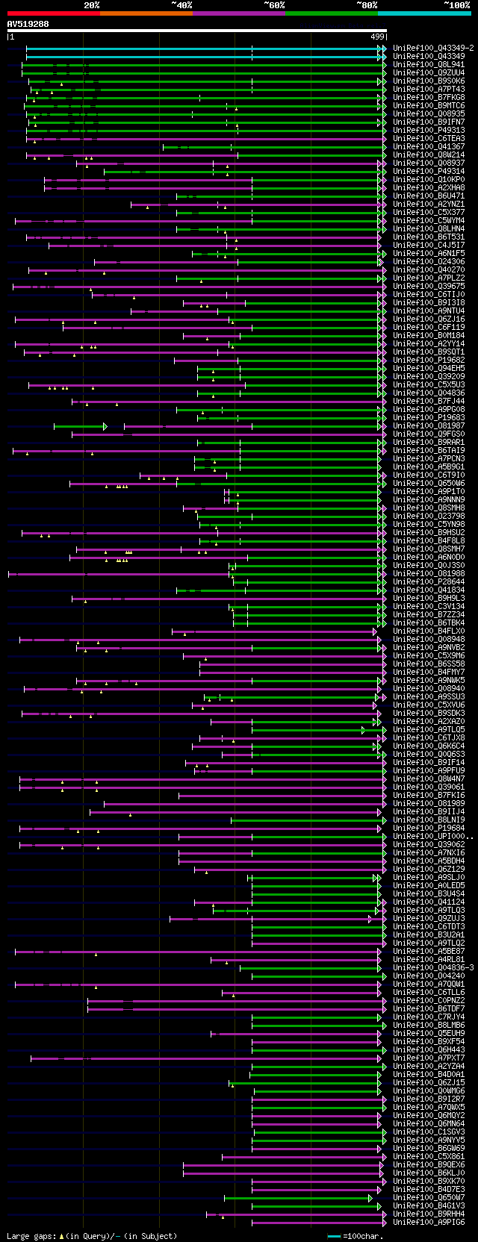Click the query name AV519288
[28, 24]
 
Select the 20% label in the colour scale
[92, 5]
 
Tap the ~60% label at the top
[274, 5]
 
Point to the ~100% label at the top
[456, 5]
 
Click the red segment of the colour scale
[53, 13]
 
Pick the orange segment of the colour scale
[146, 13]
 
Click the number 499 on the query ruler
[377, 37]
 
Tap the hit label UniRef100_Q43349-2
[433, 48]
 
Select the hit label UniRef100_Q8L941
[429, 65]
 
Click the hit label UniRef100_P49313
[429, 131]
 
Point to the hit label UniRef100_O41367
[429, 147]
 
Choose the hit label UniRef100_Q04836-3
[433, 968]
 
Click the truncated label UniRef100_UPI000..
[432, 837]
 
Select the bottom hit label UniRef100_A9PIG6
[429, 1223]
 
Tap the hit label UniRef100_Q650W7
[429, 1198]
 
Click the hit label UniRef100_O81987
[429, 426]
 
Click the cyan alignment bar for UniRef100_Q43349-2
[202, 48]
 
